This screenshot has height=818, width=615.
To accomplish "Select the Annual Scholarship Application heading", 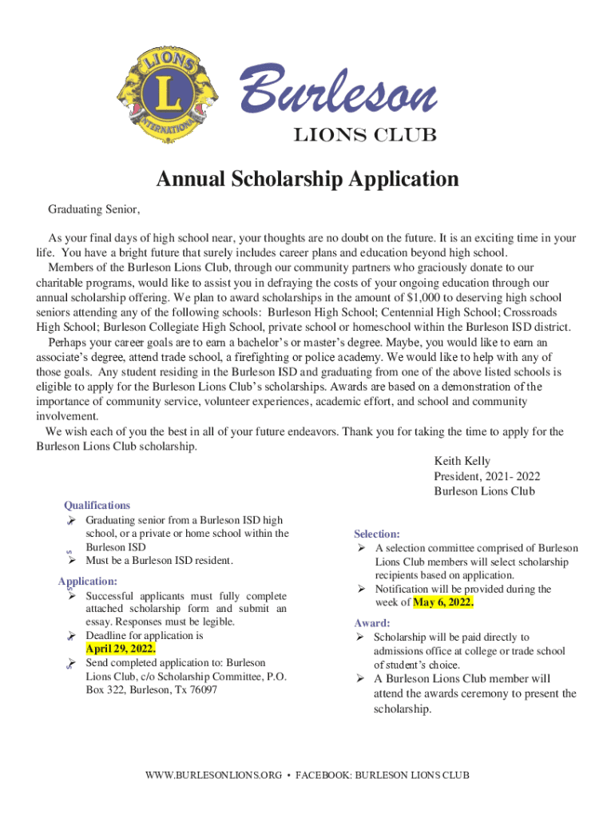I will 307,180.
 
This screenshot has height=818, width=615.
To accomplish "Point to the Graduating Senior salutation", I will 94,210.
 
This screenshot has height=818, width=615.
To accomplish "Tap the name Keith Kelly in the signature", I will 462,461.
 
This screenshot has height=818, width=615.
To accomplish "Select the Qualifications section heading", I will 97,506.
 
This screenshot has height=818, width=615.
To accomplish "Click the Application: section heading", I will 88,582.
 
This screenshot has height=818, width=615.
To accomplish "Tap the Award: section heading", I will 371,623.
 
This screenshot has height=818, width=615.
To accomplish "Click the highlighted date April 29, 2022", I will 121,649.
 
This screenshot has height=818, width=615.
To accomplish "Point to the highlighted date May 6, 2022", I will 443,602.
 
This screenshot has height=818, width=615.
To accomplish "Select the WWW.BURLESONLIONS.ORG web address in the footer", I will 212,775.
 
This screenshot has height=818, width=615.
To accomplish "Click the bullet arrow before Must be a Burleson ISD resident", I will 71,561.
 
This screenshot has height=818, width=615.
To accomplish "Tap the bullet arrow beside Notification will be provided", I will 361,589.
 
